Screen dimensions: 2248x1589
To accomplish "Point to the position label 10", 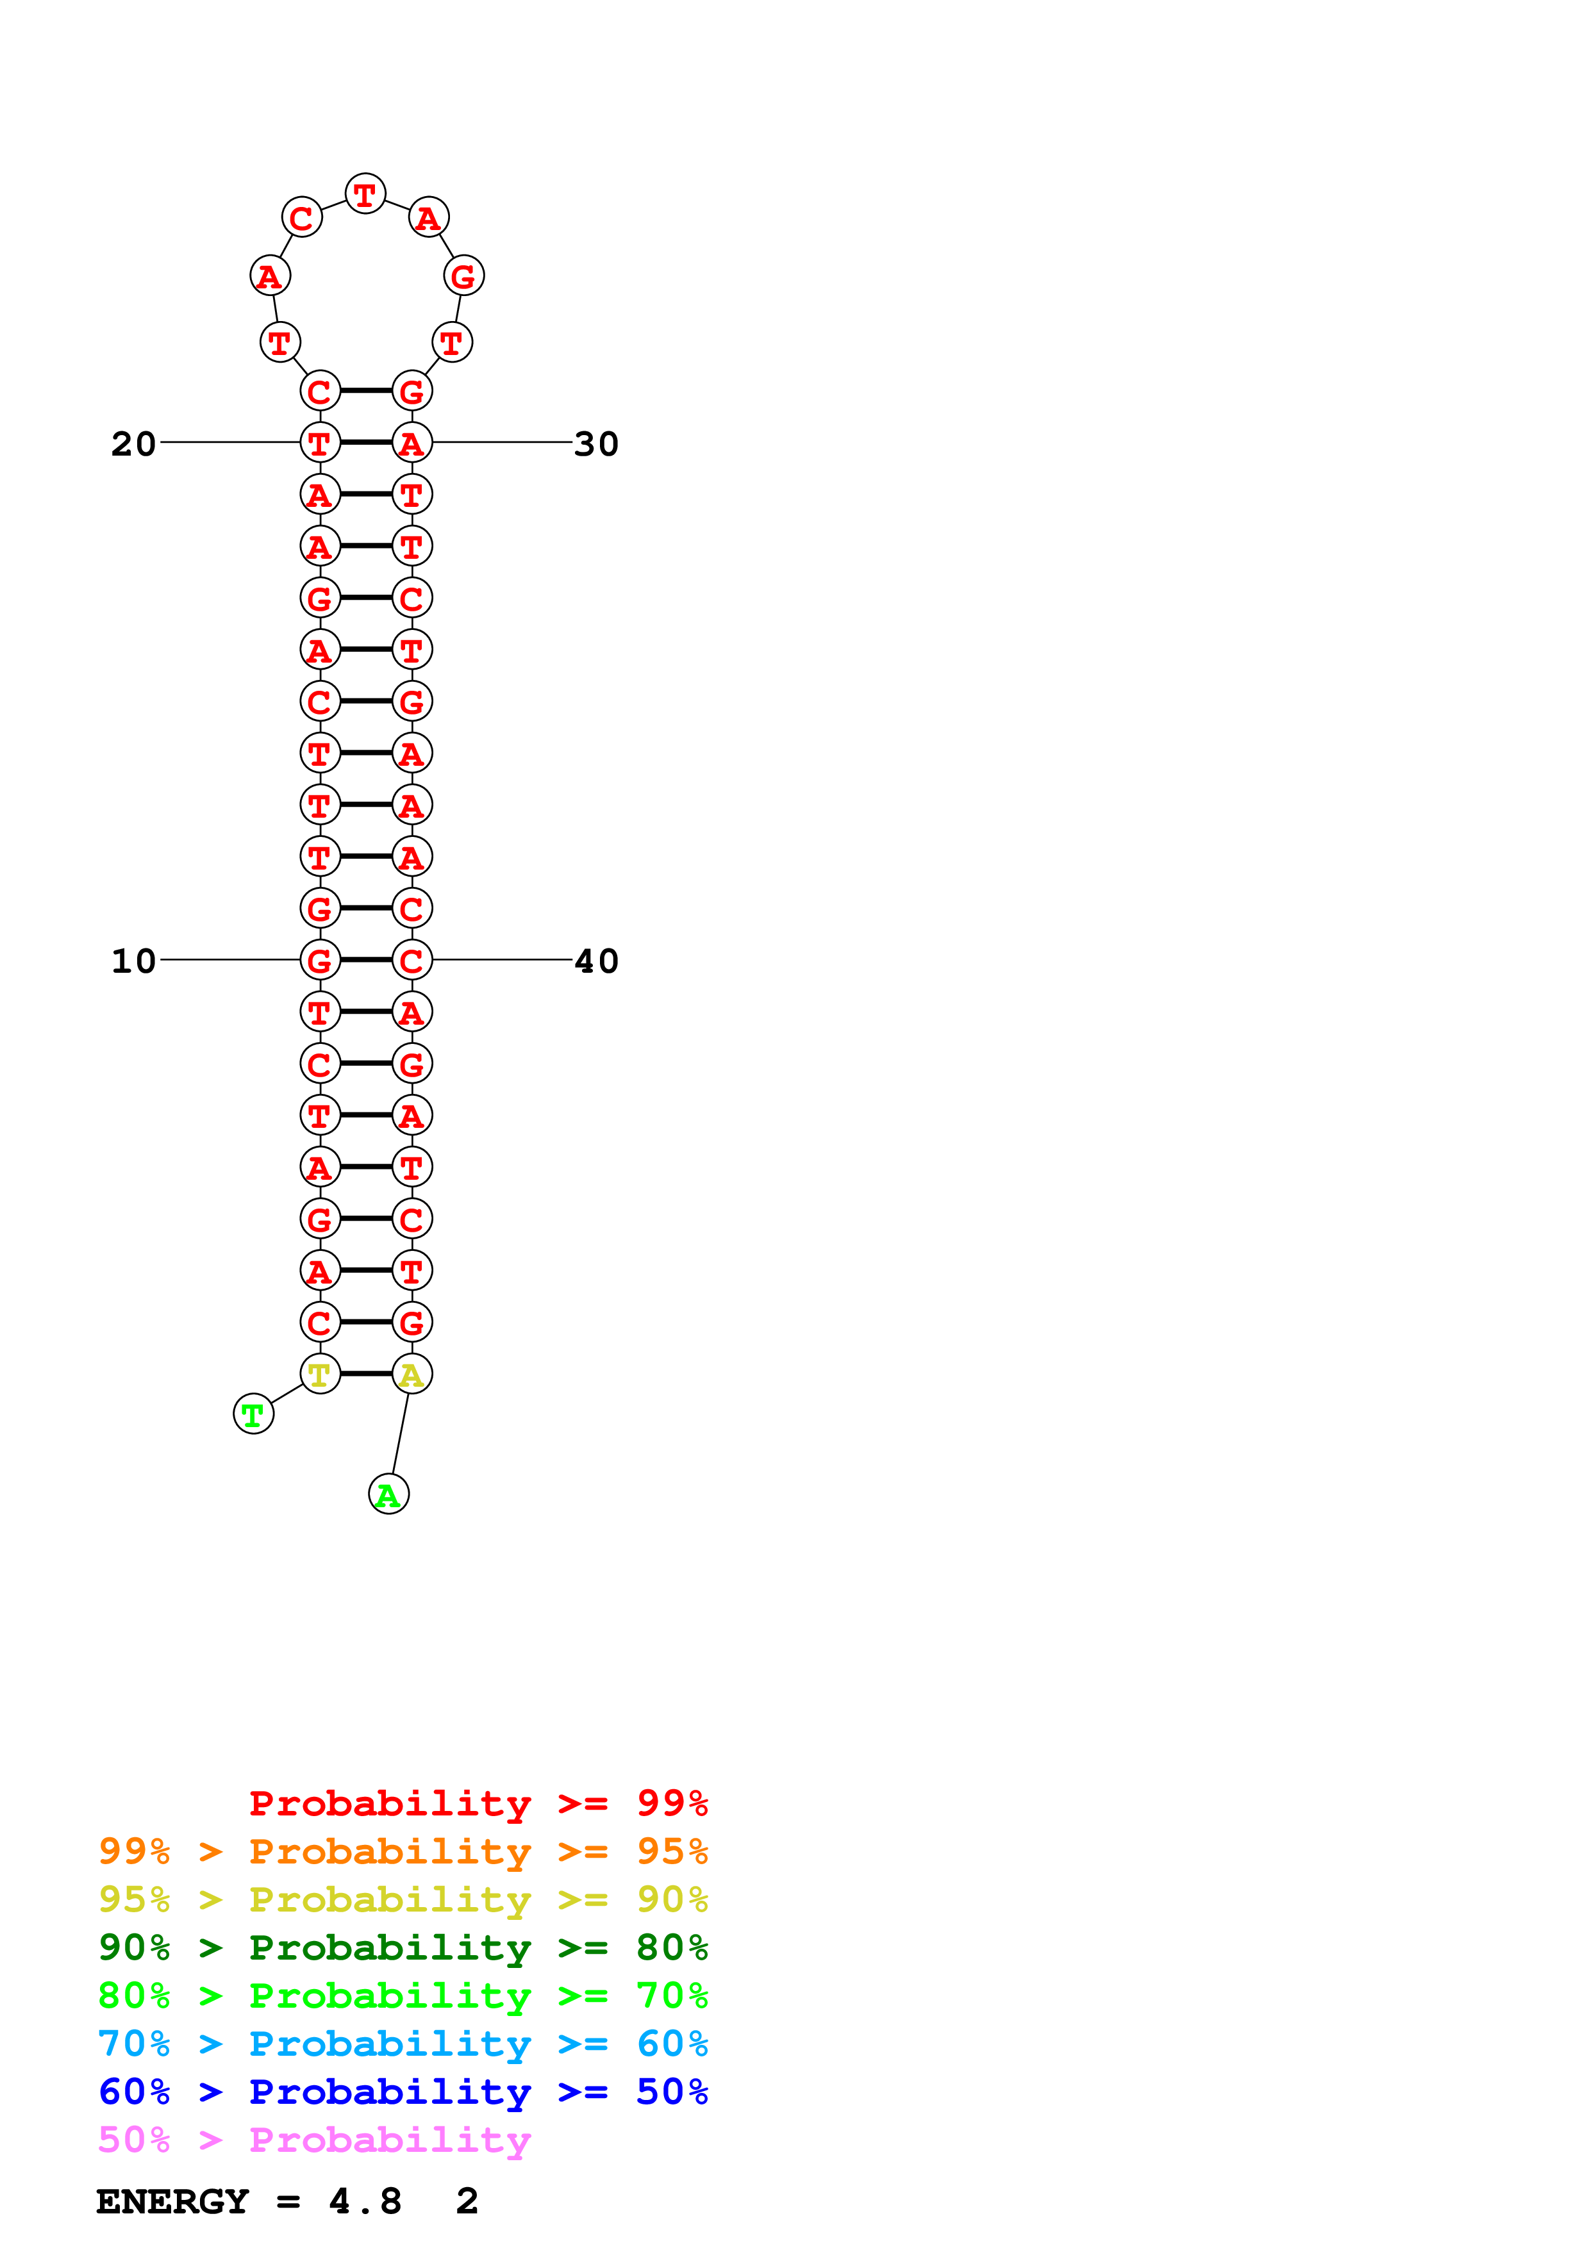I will tap(133, 961).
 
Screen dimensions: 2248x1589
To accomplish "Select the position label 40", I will tap(595, 961).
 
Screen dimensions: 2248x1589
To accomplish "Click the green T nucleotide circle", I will tap(254, 1414).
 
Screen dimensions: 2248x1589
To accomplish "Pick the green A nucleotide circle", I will tap(388, 1495).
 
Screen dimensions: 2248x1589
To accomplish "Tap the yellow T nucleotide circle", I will tap(319, 1374).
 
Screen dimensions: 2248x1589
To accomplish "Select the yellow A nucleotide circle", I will tap(412, 1374).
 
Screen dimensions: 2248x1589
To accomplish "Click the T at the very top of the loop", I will tap(365, 194).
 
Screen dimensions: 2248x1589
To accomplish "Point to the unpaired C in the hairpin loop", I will tap(301, 217).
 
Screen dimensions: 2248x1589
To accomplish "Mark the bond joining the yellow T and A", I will tap(366, 1374).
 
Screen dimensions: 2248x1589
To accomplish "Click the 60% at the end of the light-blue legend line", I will tap(672, 2044).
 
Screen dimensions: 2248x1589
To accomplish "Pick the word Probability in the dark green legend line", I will tap(390, 1947).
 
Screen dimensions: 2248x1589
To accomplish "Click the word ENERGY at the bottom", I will tap(172, 2201).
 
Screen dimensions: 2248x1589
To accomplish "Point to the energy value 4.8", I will tap(365, 2201).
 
